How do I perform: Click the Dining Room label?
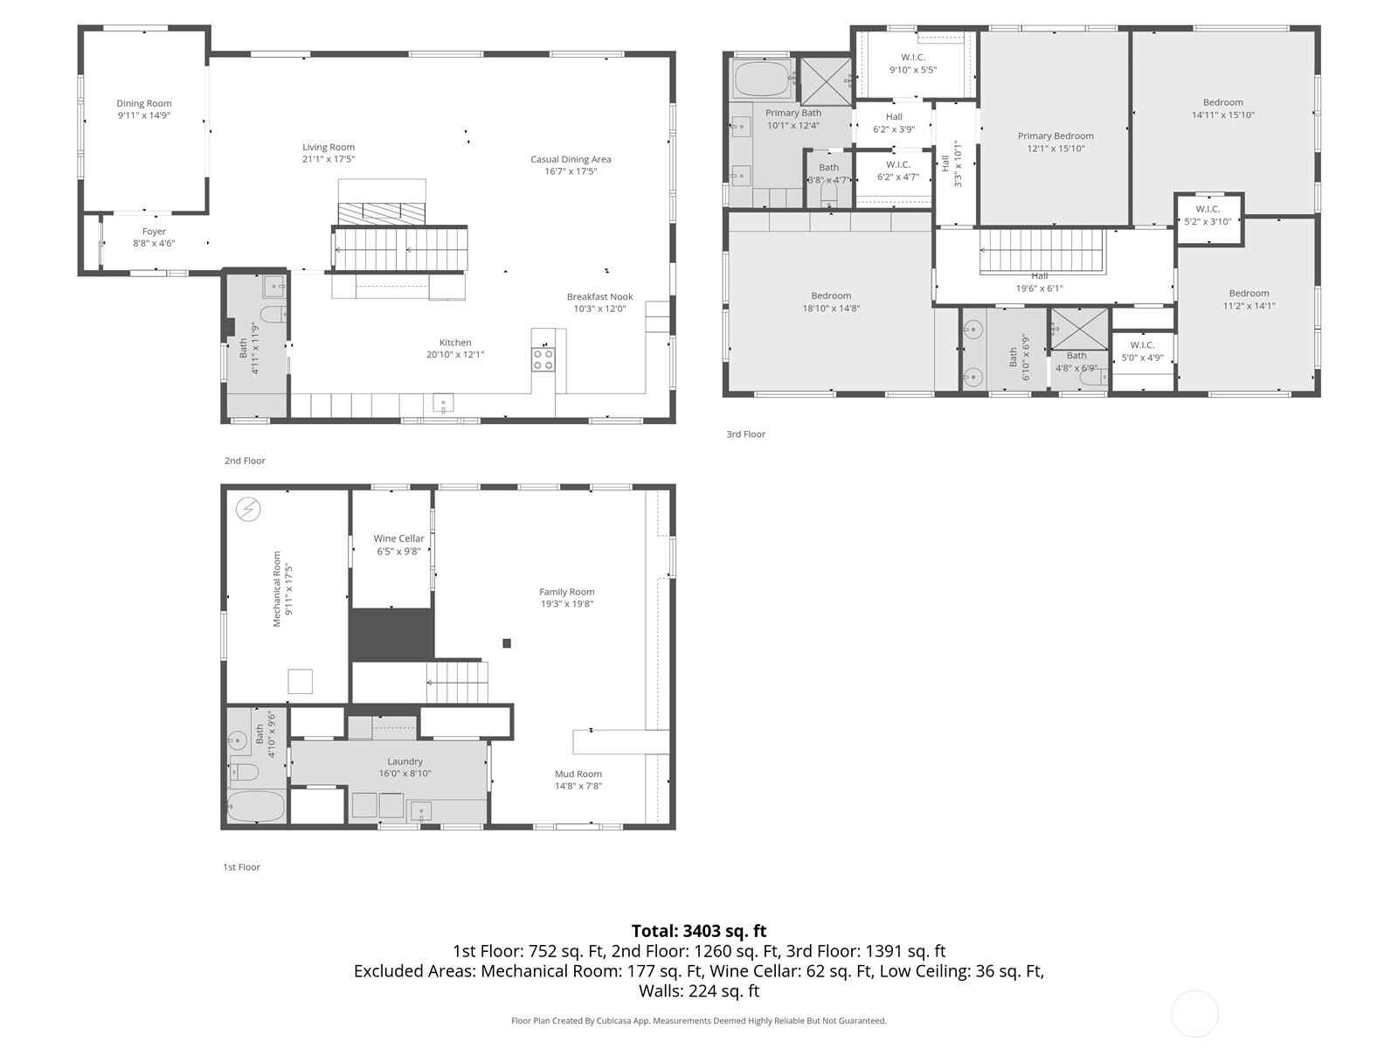144,104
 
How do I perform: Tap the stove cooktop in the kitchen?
543,359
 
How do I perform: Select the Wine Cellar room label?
398,539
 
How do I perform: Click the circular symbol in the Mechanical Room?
248,509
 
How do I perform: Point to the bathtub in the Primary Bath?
761,80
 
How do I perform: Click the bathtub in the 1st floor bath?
256,806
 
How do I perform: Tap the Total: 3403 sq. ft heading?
698,931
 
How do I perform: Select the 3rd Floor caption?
745,434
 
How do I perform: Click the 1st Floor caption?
241,867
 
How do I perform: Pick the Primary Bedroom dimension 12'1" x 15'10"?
1055,149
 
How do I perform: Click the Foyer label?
154,232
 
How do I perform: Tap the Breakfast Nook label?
599,297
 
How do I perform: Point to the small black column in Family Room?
507,643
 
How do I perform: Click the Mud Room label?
578,774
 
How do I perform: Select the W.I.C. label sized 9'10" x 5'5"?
913,58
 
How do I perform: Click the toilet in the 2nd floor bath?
273,315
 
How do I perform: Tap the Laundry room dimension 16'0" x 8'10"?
405,774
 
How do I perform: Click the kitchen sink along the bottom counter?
443,404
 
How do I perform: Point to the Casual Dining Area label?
571,159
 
